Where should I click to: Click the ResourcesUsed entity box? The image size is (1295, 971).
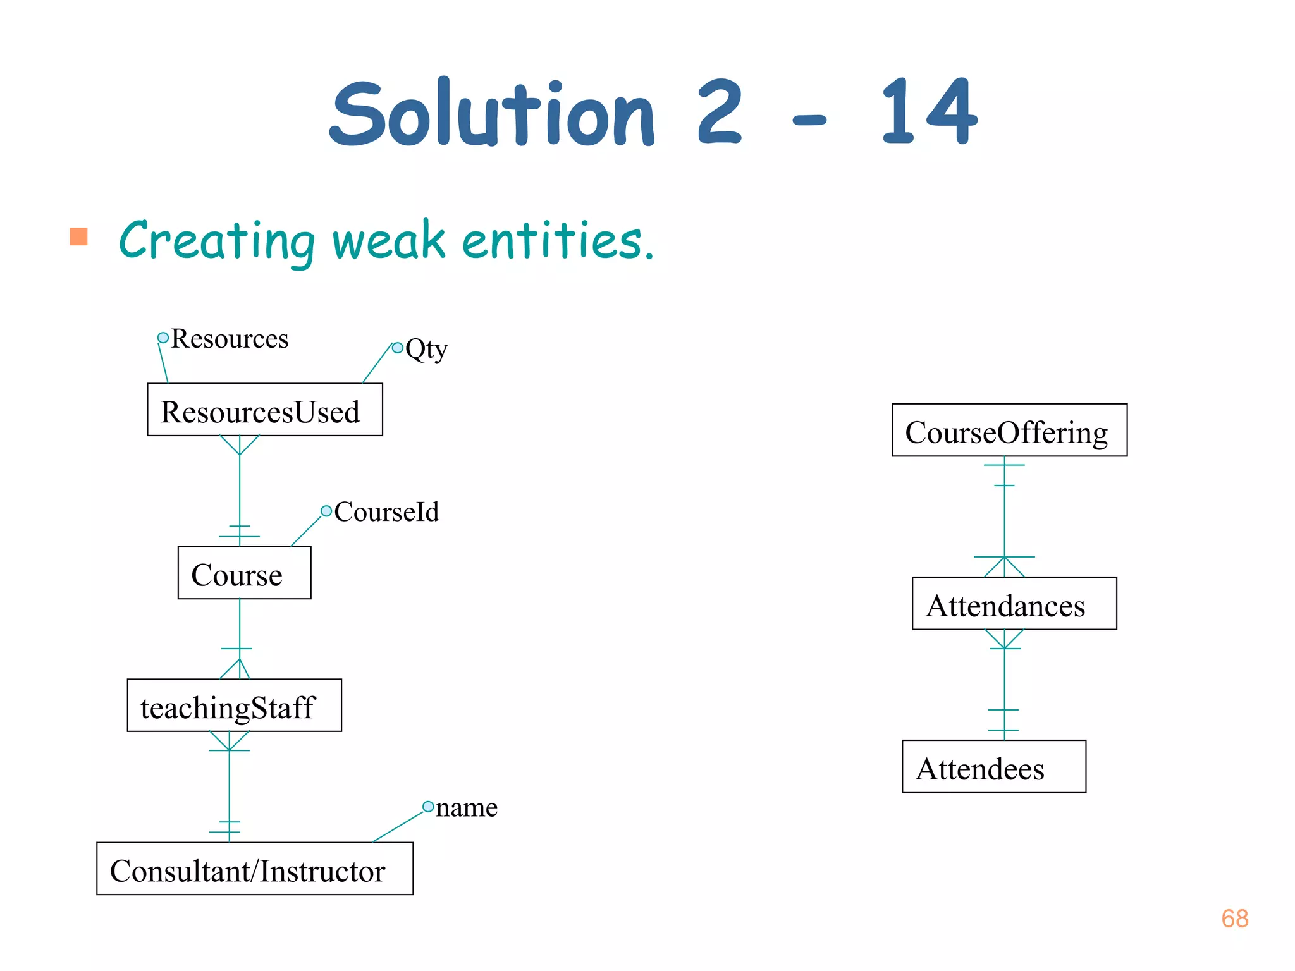264,410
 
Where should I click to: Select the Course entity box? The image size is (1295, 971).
244,573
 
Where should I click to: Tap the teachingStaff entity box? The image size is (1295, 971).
234,705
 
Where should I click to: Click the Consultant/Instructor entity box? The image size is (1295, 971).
254,869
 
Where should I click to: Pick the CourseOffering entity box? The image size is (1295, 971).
1009,430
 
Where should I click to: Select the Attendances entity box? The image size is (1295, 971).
1014,603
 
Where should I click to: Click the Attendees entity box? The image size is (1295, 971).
993,766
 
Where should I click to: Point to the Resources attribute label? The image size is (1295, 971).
230,339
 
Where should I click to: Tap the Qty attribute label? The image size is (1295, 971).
426,348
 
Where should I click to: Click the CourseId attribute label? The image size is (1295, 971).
386,511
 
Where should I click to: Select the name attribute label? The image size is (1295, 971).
467,807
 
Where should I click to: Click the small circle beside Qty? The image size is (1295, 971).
397,348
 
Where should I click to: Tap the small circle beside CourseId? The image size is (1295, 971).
326,511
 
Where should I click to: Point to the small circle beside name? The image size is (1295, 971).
428,807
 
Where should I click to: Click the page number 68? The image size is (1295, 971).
1234,919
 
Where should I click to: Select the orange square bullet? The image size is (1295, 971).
78,236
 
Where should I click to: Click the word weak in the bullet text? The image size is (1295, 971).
388,241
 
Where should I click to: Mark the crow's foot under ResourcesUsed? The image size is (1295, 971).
240,444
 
